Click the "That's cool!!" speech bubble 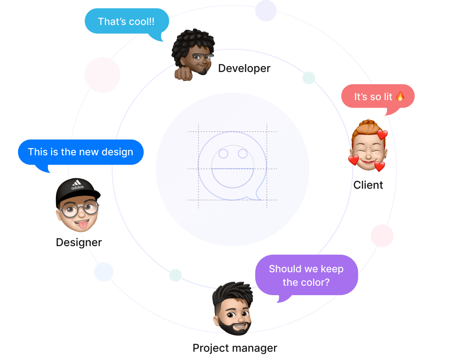click(x=126, y=21)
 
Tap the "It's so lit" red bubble click(x=378, y=96)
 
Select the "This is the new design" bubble click(x=81, y=152)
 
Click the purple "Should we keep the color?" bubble click(x=306, y=275)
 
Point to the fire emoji click(x=400, y=96)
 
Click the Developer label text click(x=244, y=68)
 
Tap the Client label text click(x=368, y=185)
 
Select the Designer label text click(x=79, y=243)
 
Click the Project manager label click(x=234, y=348)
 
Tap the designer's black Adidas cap click(x=77, y=190)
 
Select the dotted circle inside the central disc click(x=233, y=166)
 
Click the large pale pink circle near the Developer click(x=102, y=75)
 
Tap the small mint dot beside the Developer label click(x=309, y=78)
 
